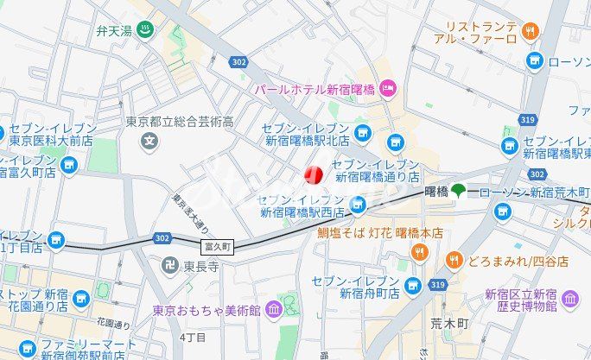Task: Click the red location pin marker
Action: tap(313, 174)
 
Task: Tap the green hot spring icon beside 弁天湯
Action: tap(147, 32)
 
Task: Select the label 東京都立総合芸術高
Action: tap(181, 122)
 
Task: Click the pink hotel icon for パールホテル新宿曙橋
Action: tap(388, 87)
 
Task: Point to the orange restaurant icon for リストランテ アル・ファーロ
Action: tap(531, 31)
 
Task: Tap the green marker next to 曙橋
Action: tap(458, 191)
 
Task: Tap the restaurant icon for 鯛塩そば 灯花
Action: tap(420, 252)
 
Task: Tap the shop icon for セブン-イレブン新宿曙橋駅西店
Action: tap(359, 204)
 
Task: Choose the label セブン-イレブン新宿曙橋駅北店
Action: tap(308, 135)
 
